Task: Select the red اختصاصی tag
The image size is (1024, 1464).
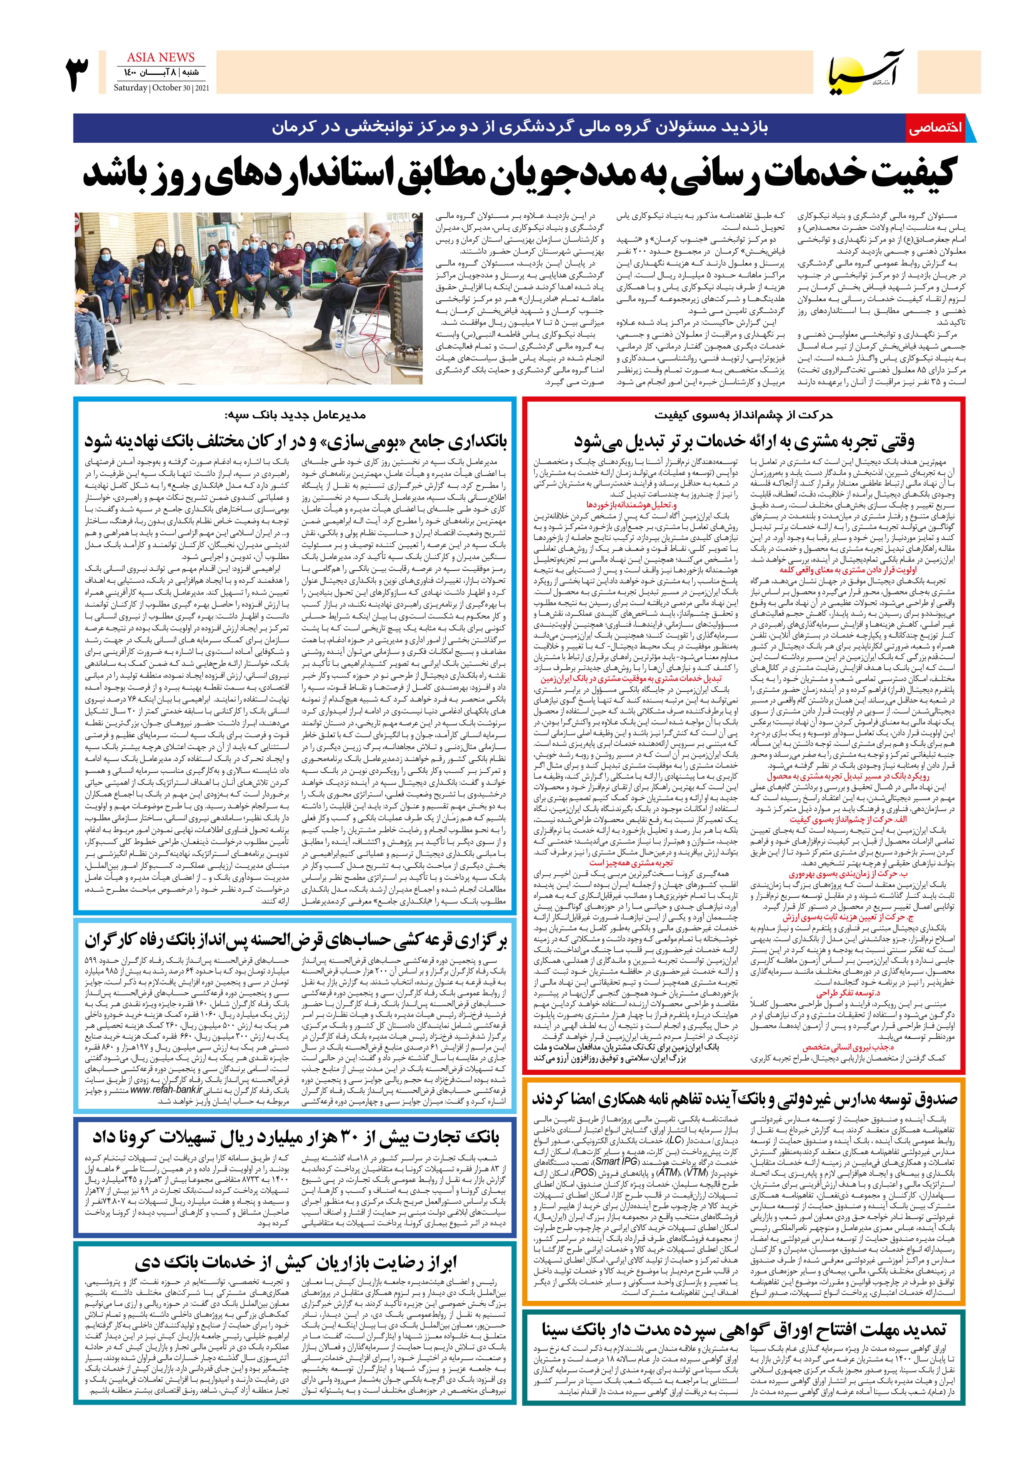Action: (935, 128)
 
